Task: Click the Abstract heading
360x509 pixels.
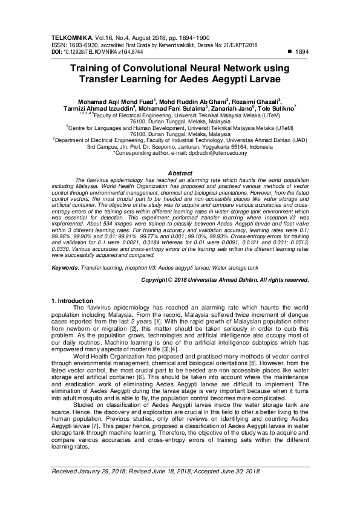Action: (x=180, y=173)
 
